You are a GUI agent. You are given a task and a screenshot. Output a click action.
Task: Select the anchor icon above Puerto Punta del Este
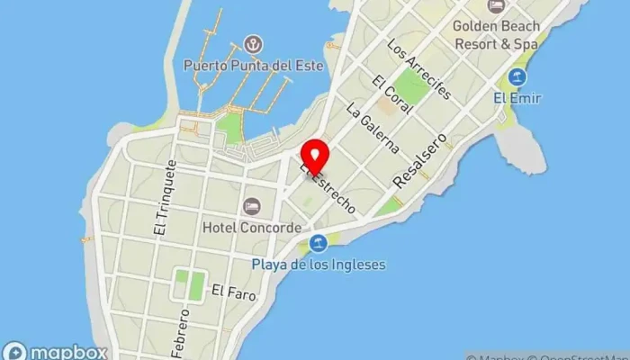click(x=253, y=44)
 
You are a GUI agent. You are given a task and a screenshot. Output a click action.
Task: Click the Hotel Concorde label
click(x=252, y=228)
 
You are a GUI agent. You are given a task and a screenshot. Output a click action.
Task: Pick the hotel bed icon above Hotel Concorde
click(x=252, y=207)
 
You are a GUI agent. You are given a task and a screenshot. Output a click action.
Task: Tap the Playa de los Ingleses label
click(x=318, y=265)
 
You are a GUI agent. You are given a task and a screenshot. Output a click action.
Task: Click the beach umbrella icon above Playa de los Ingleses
click(x=318, y=244)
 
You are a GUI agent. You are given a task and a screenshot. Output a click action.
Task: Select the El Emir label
click(x=517, y=98)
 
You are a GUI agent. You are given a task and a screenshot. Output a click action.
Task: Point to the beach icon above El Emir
click(x=517, y=77)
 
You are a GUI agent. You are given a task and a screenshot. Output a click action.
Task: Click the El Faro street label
click(x=229, y=291)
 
